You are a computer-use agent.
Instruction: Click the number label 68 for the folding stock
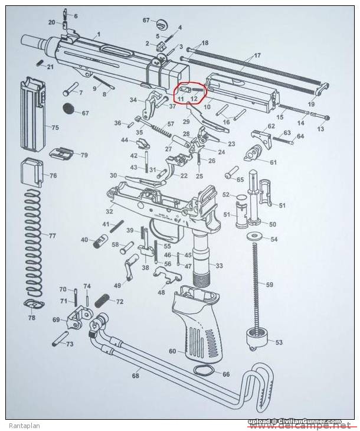(136, 376)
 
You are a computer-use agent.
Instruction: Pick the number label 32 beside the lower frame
(109, 212)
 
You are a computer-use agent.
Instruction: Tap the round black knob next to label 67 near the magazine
(69, 108)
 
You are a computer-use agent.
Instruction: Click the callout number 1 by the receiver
(98, 35)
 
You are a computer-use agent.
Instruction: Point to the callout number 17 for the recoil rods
(257, 56)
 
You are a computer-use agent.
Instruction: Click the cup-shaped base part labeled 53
(255, 341)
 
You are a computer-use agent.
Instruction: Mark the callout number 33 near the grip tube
(220, 266)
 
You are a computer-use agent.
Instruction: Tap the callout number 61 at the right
(273, 162)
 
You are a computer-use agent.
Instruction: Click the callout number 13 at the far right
(321, 128)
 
